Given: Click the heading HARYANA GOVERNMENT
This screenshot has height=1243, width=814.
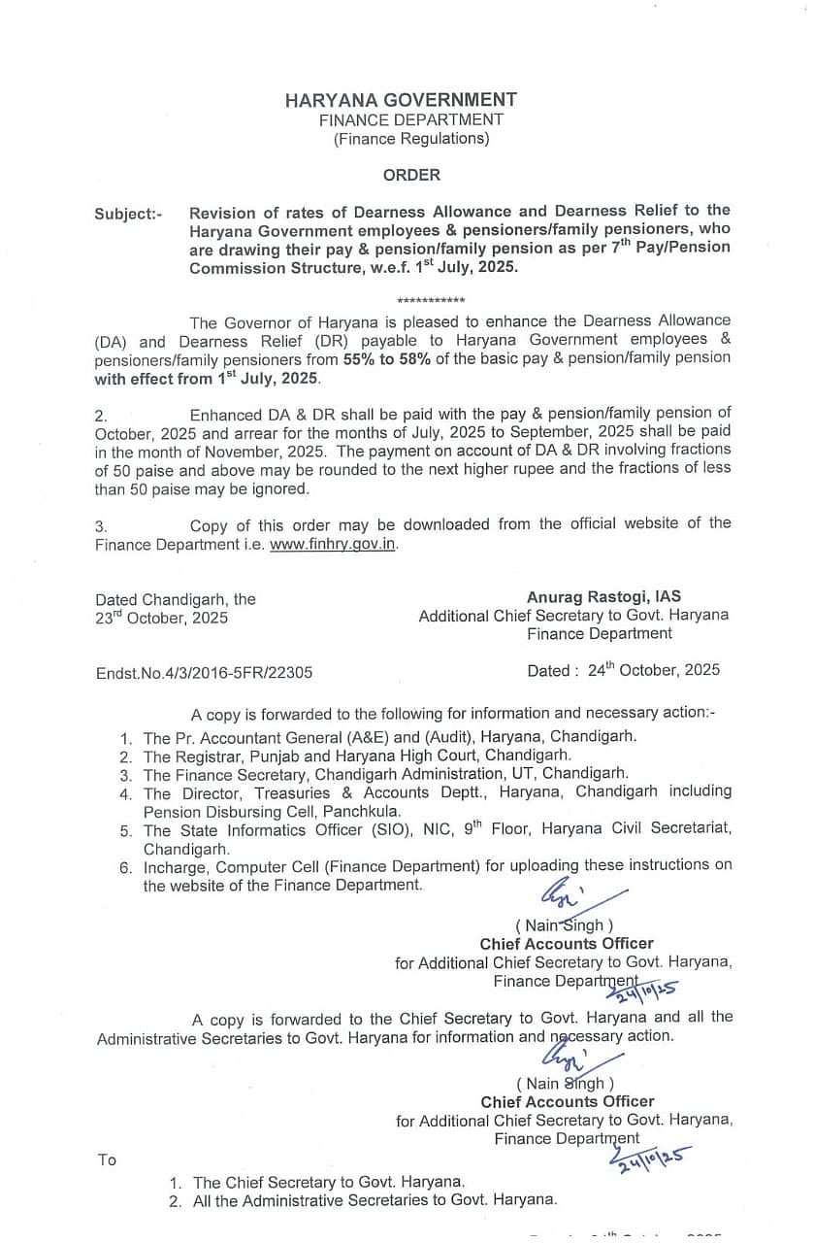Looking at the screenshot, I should [x=401, y=100].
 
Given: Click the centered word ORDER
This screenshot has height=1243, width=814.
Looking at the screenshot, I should [x=411, y=176].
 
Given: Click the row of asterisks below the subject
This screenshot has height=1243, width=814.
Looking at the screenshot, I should [x=431, y=301].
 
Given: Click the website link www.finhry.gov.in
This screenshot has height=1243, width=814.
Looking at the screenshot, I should [x=333, y=544].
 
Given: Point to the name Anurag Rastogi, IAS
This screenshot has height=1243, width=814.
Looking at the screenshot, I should [x=603, y=597].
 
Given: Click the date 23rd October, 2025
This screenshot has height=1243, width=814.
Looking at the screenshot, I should [x=161, y=618].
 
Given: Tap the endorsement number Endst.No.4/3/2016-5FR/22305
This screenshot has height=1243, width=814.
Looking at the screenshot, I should [x=204, y=672].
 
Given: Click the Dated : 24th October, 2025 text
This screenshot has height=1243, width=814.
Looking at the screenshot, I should [x=623, y=670].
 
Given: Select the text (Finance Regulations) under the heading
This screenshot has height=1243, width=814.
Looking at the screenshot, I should [x=411, y=139].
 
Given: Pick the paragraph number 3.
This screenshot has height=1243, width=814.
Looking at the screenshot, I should [x=101, y=525].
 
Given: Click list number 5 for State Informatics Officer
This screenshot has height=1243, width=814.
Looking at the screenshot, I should [x=126, y=831].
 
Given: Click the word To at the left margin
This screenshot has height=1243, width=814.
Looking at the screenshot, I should [x=107, y=1159].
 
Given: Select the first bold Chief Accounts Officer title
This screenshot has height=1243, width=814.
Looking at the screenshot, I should [x=567, y=944].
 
